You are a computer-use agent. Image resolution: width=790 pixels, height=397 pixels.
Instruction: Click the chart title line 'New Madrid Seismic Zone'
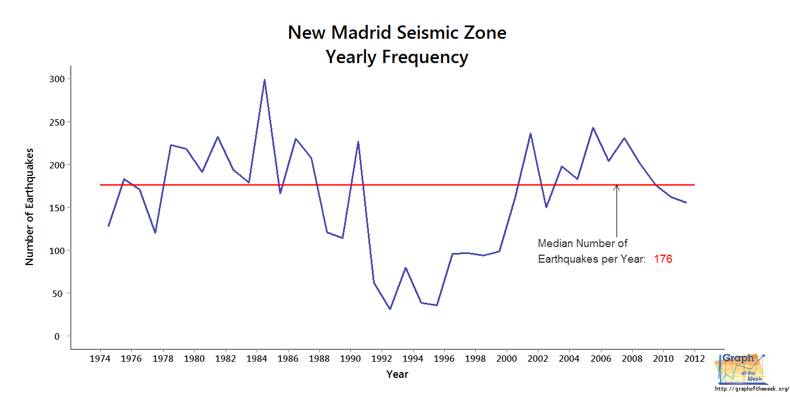(x=397, y=32)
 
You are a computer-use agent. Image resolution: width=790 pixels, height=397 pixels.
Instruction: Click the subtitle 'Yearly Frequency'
(x=397, y=57)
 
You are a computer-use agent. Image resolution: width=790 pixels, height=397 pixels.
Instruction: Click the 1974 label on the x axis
(x=100, y=359)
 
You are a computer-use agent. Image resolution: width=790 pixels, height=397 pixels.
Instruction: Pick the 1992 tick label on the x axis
(x=382, y=359)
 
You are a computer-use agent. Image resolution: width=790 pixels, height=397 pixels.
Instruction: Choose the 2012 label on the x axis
(x=694, y=359)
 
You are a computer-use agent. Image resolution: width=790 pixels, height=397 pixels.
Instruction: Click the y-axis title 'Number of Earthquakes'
(x=29, y=207)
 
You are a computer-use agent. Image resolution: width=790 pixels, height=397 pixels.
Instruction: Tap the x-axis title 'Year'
(x=397, y=374)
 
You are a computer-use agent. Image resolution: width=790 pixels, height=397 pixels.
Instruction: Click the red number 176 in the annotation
(x=663, y=259)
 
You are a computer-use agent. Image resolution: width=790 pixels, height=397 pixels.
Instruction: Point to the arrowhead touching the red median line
(x=617, y=187)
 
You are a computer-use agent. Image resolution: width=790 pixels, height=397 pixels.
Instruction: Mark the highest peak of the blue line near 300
(x=264, y=80)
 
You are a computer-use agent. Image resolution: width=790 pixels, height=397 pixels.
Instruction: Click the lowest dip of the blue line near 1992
(x=390, y=309)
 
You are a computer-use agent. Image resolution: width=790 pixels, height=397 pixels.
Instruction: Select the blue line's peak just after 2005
(x=593, y=128)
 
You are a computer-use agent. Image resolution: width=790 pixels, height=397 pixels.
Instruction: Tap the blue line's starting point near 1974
(x=108, y=226)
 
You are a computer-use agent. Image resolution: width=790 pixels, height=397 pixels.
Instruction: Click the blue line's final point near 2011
(x=686, y=203)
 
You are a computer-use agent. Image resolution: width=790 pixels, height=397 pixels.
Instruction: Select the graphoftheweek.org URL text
(x=752, y=388)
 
